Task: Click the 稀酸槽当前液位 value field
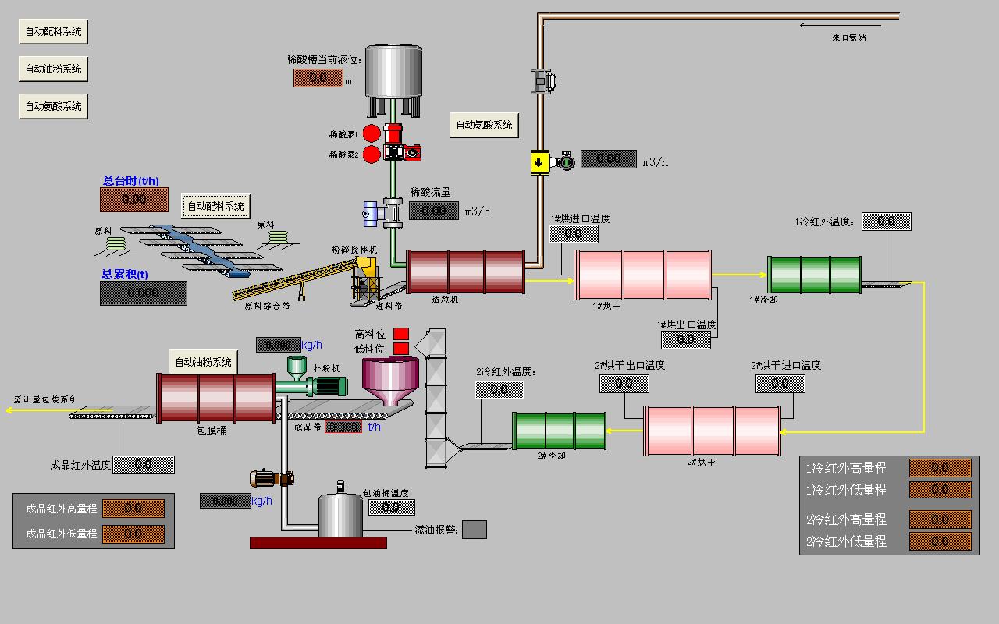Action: click(x=318, y=78)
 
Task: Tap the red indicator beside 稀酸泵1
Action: click(x=372, y=134)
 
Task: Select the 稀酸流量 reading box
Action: click(x=433, y=211)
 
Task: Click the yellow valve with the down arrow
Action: click(x=539, y=162)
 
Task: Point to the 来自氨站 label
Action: click(x=848, y=37)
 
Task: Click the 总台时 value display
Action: click(x=133, y=200)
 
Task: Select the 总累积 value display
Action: click(x=143, y=293)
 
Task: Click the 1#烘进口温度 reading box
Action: click(x=573, y=233)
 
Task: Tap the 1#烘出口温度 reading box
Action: click(x=685, y=340)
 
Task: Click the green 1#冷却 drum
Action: click(x=815, y=275)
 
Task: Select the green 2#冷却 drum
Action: click(x=559, y=431)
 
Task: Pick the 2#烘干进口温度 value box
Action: click(x=780, y=384)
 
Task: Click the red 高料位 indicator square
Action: click(x=401, y=334)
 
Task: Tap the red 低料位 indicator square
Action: click(x=401, y=348)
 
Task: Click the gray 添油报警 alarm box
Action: click(x=474, y=530)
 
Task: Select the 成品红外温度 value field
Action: click(x=144, y=465)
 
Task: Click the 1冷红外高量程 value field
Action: click(x=940, y=468)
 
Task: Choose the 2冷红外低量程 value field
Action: click(x=940, y=541)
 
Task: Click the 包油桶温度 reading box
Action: click(x=391, y=508)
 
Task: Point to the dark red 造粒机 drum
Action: click(x=465, y=272)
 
